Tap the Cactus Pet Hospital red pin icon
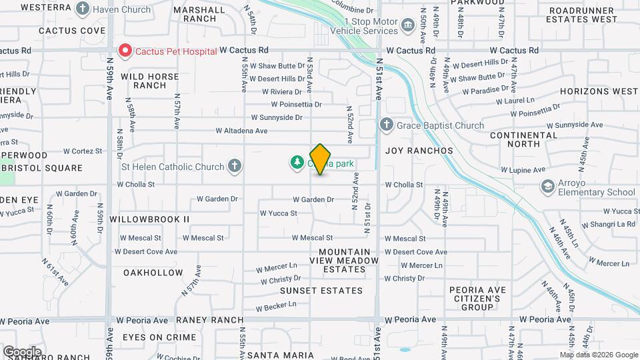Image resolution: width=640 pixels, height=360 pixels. pos(124,50)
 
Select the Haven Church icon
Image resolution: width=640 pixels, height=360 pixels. pos(82,9)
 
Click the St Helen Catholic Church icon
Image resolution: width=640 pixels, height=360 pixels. pos(234,166)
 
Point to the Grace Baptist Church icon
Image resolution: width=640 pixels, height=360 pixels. pos(386,125)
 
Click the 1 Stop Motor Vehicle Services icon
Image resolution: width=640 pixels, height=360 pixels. pos(408,26)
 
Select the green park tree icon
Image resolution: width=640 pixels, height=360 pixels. pos(296,162)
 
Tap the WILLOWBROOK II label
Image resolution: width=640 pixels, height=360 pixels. pos(149,219)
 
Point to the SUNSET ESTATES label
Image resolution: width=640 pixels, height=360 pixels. pos(321,291)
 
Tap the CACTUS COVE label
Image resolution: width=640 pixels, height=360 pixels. pos(72,31)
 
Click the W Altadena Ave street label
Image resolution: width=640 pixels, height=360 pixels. pos(241,131)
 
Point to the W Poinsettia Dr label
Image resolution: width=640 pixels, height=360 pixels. pos(296,104)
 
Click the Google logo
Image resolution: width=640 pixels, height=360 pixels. pos(22,351)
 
